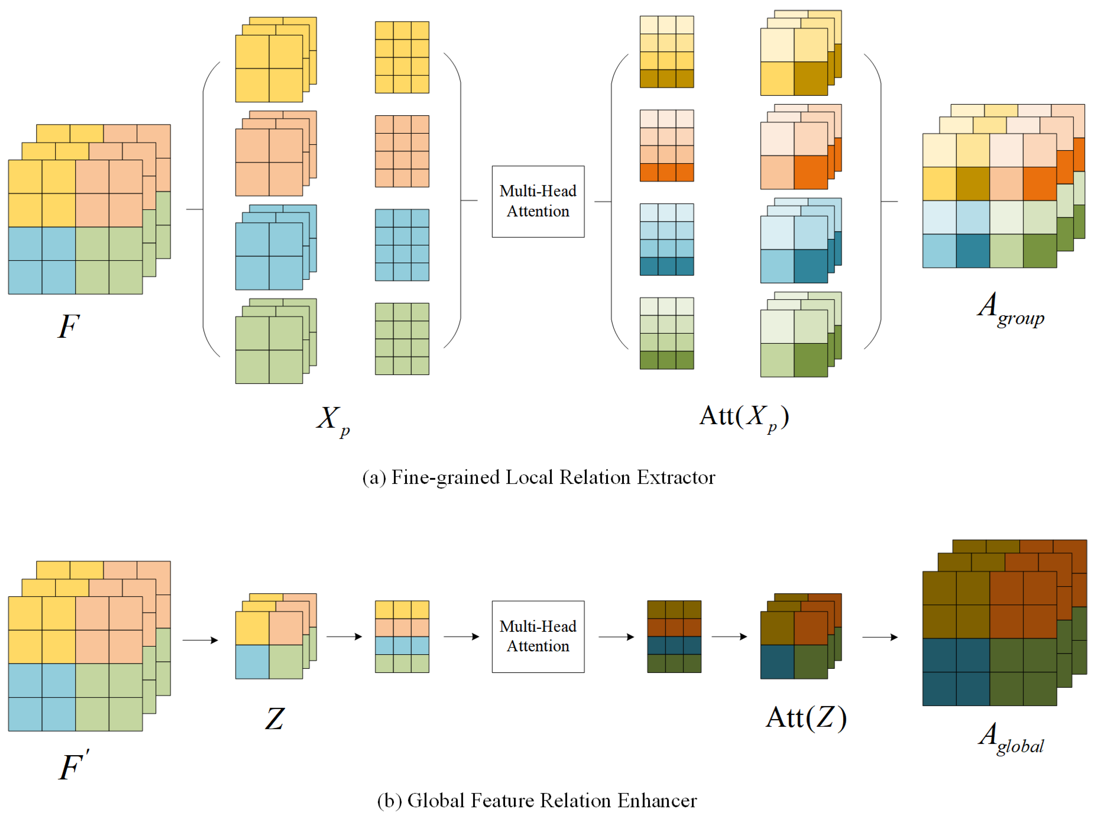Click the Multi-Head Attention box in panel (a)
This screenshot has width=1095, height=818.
[537, 201]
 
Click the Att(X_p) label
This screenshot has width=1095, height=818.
[743, 417]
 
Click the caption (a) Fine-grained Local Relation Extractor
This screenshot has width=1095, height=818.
[538, 477]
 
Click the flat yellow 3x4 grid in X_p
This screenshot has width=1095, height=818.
[402, 58]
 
